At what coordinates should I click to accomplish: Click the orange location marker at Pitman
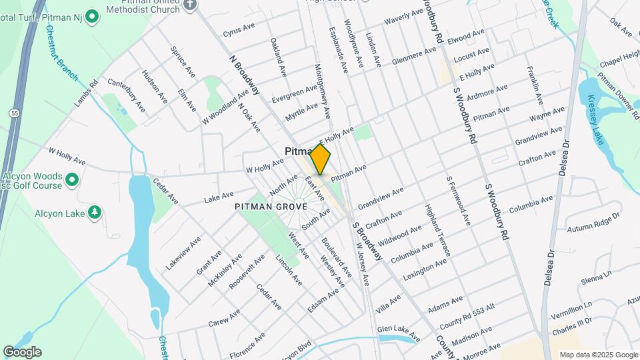tap(321, 159)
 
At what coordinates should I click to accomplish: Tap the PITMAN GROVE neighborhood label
tap(271, 207)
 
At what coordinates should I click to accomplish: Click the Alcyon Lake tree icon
tap(95, 212)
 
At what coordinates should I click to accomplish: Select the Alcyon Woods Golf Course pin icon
tap(72, 179)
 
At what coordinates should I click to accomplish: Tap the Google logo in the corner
tap(22, 352)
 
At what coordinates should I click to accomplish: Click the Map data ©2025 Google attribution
tap(598, 355)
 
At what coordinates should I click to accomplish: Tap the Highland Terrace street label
tap(438, 230)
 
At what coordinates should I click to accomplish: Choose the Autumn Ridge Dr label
tap(593, 223)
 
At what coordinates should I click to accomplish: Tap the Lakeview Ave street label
tap(182, 252)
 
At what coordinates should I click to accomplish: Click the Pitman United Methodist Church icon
tap(190, 5)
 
